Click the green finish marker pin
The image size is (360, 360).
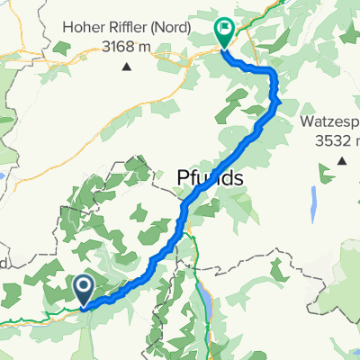click(x=224, y=32)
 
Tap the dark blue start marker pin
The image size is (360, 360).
click(x=83, y=290)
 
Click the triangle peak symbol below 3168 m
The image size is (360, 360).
click(x=126, y=66)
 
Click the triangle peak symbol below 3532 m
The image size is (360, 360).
click(x=342, y=161)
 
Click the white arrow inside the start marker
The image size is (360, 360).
click(x=83, y=287)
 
